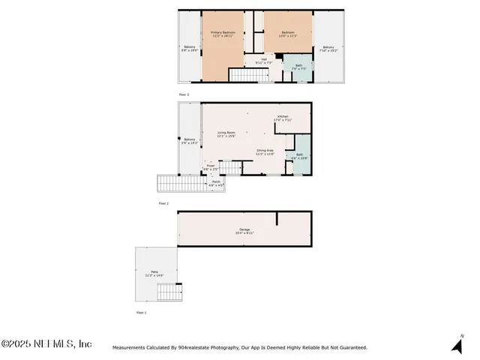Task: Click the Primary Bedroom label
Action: pyautogui.click(x=223, y=34)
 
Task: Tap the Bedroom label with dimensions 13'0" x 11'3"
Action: pyautogui.click(x=289, y=34)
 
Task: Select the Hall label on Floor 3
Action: pyautogui.click(x=264, y=61)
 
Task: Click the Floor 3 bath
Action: pyautogui.click(x=298, y=68)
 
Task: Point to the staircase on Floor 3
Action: pyautogui.click(x=243, y=74)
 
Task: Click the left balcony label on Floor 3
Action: pyautogui.click(x=189, y=49)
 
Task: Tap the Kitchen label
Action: pyautogui.click(x=283, y=118)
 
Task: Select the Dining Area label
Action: pyautogui.click(x=265, y=152)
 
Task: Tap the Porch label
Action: pyautogui.click(x=215, y=183)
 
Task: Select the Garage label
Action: pyautogui.click(x=244, y=232)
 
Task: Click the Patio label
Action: pyautogui.click(x=154, y=273)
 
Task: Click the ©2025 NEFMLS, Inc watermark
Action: pyautogui.click(x=46, y=343)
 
